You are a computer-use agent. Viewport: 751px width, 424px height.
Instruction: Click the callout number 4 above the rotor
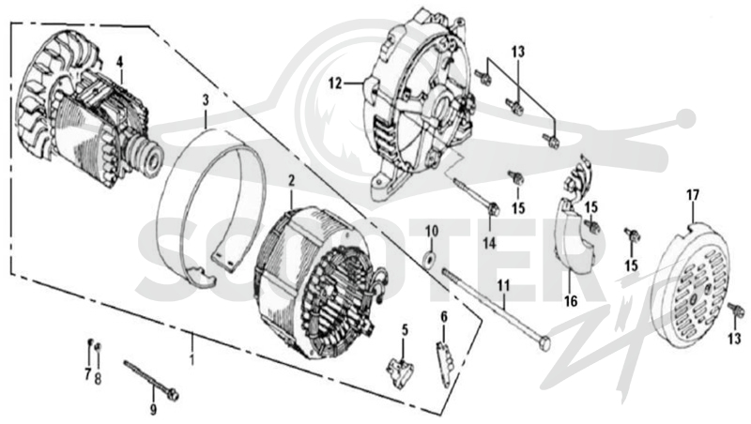(x=119, y=62)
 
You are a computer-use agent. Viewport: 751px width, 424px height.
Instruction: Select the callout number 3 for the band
(x=206, y=100)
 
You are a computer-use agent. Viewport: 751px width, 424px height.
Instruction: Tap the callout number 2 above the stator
(x=291, y=180)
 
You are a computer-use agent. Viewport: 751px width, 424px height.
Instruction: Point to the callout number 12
(x=335, y=83)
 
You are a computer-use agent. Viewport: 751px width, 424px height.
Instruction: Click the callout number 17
(x=693, y=195)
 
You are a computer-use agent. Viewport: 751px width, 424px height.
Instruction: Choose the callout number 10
(x=432, y=232)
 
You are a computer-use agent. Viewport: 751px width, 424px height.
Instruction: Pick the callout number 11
(x=503, y=286)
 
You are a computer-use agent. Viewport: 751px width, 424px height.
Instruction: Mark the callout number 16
(x=571, y=301)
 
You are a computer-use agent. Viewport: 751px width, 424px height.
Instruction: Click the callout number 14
(x=489, y=243)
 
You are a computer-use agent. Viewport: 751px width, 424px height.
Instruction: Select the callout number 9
(x=153, y=409)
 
